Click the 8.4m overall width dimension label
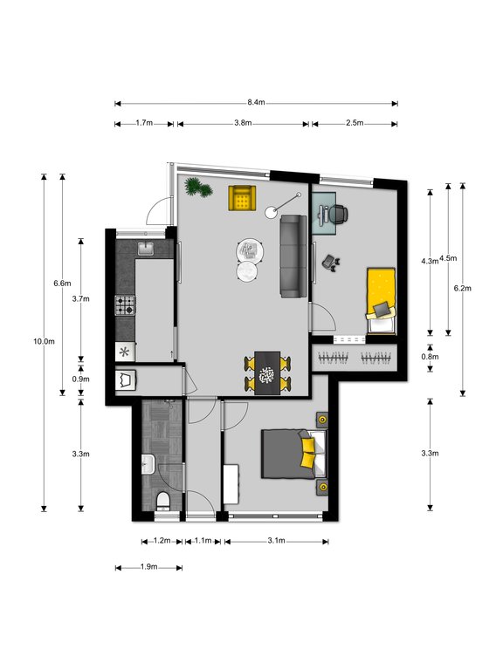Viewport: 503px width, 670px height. tap(256, 103)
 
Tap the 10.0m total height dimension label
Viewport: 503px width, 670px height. tap(44, 341)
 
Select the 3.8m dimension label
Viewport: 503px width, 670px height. tap(243, 123)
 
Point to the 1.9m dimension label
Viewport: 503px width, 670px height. tap(148, 567)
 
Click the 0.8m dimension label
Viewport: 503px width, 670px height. tap(431, 356)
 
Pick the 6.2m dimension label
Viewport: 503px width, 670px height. tap(462, 289)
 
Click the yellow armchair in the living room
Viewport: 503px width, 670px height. tap(242, 197)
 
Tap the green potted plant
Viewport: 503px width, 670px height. tap(198, 188)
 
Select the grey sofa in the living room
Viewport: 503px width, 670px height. tap(293, 256)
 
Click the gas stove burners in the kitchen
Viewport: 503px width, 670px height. tap(125, 305)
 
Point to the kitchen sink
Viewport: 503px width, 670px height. tap(147, 249)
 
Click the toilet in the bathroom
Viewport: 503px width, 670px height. tap(162, 501)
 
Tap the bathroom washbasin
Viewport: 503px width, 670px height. tap(148, 464)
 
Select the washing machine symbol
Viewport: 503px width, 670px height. tap(126, 379)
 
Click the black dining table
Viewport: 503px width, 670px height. tap(267, 373)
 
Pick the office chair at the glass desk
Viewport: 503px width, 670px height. tap(338, 213)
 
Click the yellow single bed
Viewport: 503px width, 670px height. tap(381, 301)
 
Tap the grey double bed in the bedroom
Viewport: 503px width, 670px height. tap(293, 455)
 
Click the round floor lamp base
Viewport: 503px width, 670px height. tap(271, 212)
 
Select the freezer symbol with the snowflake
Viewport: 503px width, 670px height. tap(125, 352)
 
